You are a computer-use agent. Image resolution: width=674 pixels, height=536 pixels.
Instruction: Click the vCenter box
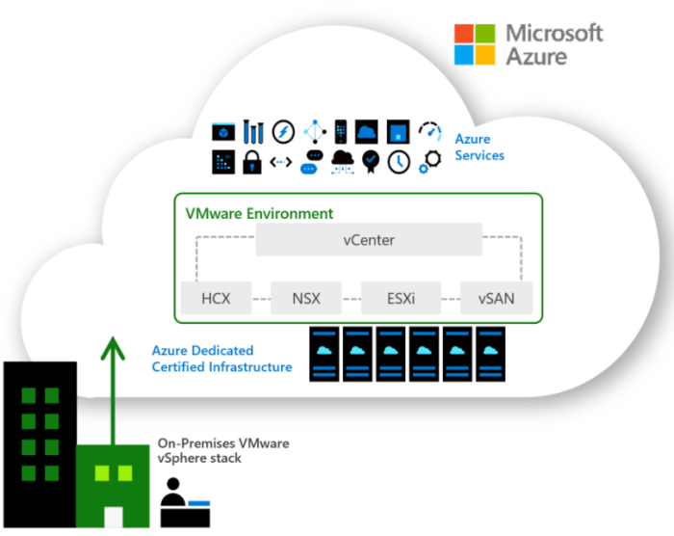tap(369, 239)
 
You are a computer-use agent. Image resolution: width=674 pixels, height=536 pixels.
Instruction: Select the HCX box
tap(216, 298)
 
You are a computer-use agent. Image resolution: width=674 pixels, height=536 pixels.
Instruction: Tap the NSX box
tap(306, 298)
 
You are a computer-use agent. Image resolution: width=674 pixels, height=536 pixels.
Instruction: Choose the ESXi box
tap(402, 298)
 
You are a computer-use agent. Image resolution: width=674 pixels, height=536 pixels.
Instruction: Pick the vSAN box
tap(497, 298)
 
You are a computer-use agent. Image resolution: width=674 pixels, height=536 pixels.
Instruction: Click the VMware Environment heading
tap(259, 214)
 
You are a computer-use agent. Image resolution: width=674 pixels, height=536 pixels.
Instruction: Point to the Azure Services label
tap(480, 147)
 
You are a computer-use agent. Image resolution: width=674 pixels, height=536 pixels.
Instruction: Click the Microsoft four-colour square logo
tap(475, 44)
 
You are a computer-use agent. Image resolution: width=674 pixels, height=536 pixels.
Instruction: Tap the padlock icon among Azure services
tap(252, 162)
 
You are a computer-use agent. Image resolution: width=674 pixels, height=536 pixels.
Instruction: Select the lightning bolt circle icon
tap(283, 131)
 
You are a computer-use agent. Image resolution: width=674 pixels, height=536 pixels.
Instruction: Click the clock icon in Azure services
tap(399, 162)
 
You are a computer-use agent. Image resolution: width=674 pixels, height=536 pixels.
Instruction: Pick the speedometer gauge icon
tap(429, 131)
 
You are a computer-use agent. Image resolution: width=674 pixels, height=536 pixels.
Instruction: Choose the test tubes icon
tap(253, 131)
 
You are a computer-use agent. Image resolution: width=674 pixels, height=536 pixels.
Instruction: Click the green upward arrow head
tap(113, 347)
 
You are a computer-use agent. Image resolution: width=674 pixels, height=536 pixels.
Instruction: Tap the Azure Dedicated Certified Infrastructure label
tap(221, 359)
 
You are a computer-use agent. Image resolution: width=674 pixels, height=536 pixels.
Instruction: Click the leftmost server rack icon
tap(324, 354)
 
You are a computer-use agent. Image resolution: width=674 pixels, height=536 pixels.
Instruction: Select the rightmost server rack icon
tap(490, 354)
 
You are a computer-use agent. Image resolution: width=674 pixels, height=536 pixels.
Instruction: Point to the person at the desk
tap(185, 502)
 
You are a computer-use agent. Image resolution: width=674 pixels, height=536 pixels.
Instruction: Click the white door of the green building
tap(114, 517)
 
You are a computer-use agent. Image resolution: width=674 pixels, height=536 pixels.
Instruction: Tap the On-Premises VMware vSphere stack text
tap(223, 450)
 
